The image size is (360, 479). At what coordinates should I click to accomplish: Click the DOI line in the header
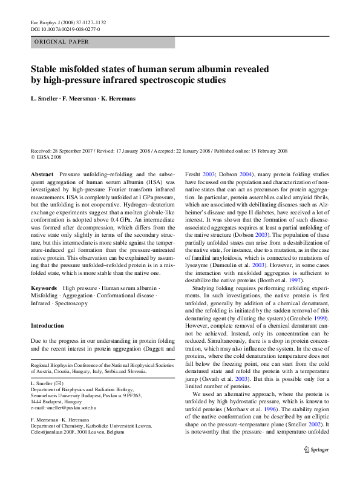pyautogui.click(x=65, y=28)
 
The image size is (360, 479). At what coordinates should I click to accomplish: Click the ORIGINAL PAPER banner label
pyautogui.click(x=62, y=42)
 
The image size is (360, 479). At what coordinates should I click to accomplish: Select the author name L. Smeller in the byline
pyautogui.click(x=47, y=98)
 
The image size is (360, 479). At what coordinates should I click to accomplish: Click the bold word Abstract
pyautogui.click(x=42, y=173)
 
